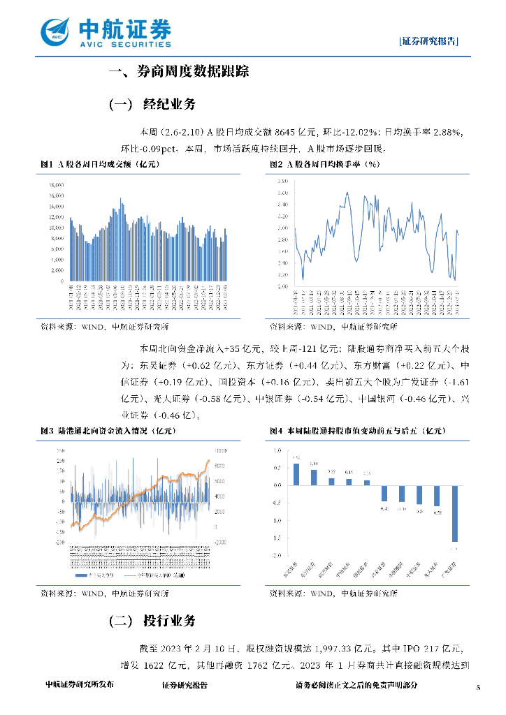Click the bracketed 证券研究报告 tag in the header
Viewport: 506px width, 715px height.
(x=430, y=41)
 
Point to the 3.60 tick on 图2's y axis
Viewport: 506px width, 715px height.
(x=284, y=191)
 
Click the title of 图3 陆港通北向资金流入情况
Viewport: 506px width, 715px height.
(x=106, y=432)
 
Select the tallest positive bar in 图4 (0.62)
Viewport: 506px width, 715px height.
(x=296, y=473)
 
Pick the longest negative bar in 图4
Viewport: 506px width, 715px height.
(x=454, y=513)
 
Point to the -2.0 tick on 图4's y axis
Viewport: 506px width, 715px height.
(x=277, y=556)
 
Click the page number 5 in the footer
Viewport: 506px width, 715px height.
(x=479, y=688)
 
